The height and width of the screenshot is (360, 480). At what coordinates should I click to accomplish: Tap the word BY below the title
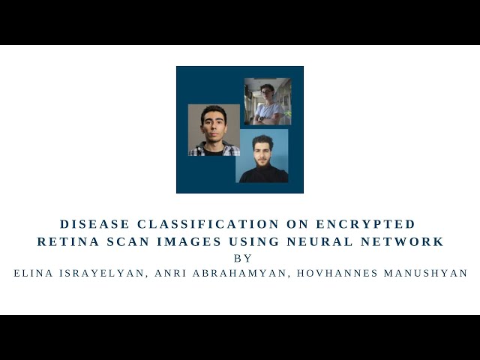(x=243, y=258)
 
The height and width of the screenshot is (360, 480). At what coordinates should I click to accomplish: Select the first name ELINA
(x=34, y=274)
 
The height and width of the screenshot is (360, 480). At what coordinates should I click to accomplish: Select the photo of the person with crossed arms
(x=268, y=101)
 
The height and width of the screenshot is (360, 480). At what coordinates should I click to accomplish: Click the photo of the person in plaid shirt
(x=214, y=130)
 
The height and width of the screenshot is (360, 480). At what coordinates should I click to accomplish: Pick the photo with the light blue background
(x=262, y=155)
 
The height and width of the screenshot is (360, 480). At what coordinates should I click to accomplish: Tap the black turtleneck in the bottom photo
(x=262, y=175)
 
